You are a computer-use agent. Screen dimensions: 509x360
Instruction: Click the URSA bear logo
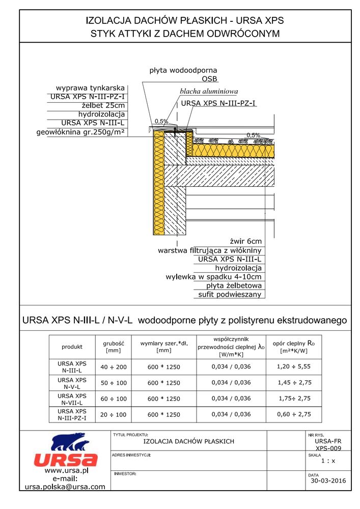coord(65,450)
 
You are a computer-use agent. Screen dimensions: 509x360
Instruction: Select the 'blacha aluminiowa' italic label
coord(209,92)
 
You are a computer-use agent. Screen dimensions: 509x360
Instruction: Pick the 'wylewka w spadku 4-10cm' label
coord(214,277)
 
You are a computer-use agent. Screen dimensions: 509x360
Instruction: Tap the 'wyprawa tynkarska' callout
coord(90,88)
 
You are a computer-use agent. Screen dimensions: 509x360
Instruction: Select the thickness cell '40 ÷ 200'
coord(113,367)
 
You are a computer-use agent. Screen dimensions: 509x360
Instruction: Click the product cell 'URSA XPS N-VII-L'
coord(72,399)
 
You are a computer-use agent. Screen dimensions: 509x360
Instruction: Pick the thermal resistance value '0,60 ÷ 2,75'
coord(293,414)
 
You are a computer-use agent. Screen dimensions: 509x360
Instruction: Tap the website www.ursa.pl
coord(67,470)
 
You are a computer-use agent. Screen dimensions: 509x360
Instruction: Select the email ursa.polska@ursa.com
coord(65,487)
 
